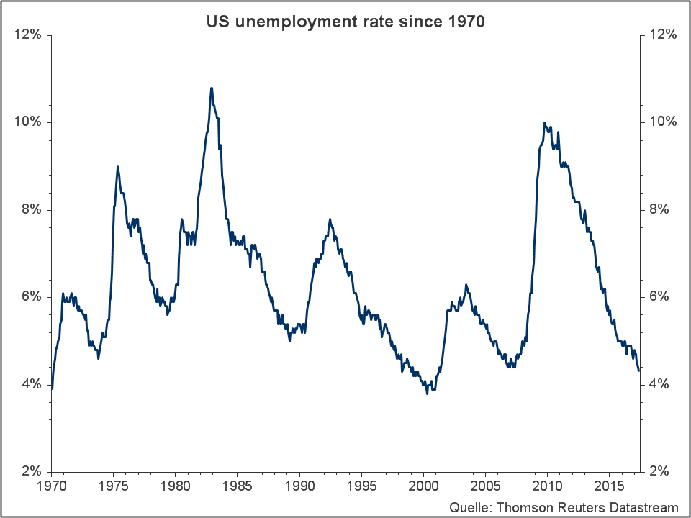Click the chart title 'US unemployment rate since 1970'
[x=345, y=22]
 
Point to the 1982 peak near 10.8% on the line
[x=211, y=88]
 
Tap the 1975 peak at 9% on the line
[x=117, y=167]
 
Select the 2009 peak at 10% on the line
[x=544, y=123]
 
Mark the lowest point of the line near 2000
[x=428, y=394]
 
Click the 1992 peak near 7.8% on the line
[x=330, y=219]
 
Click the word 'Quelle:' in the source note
[x=469, y=506]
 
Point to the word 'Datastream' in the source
[x=643, y=506]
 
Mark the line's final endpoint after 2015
[x=638, y=371]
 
